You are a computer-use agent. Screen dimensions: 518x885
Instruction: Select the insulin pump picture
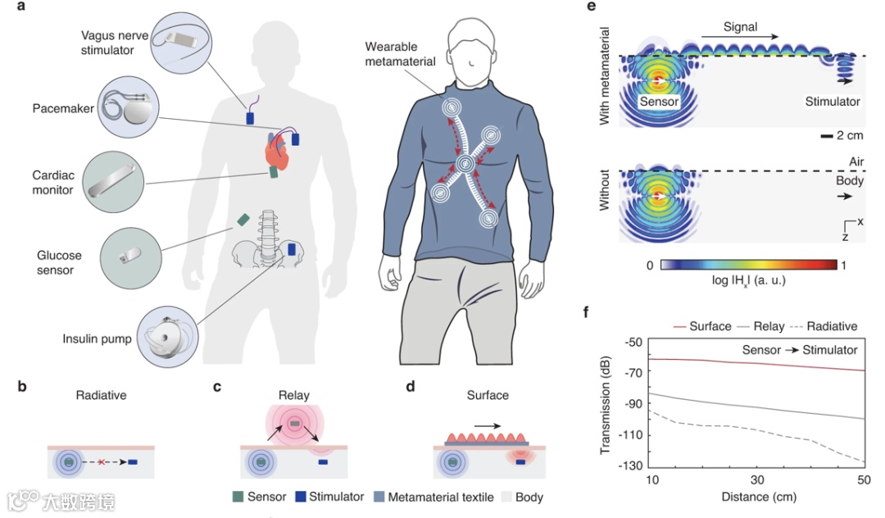coord(170,336)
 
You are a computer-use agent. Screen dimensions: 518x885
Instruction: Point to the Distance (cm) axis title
coord(756,497)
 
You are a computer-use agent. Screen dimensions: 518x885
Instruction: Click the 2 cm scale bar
coord(827,135)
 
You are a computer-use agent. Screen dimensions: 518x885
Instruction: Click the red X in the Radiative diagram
coord(101,463)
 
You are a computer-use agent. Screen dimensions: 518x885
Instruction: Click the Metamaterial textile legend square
coord(379,497)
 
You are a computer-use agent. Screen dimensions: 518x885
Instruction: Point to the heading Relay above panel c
coord(293,395)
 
